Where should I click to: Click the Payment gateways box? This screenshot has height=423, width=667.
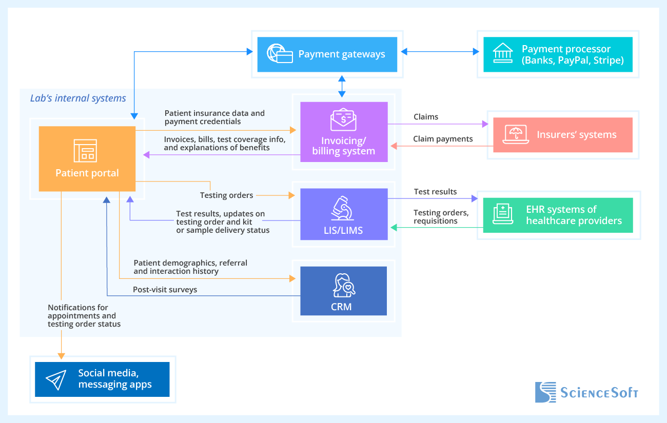coord(327,54)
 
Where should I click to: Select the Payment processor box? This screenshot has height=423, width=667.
coord(558,54)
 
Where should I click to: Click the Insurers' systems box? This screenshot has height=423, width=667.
coord(563,135)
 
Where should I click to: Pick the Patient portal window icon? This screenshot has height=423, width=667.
coord(85,150)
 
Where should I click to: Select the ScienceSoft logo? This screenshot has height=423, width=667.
coord(586,392)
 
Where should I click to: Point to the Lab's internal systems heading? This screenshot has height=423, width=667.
coord(78,98)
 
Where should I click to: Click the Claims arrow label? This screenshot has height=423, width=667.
coord(426,117)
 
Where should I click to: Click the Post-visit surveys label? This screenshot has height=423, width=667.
coord(165,290)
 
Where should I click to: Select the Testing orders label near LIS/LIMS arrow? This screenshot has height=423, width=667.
coord(226,195)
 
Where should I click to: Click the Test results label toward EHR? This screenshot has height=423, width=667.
coord(435,192)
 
